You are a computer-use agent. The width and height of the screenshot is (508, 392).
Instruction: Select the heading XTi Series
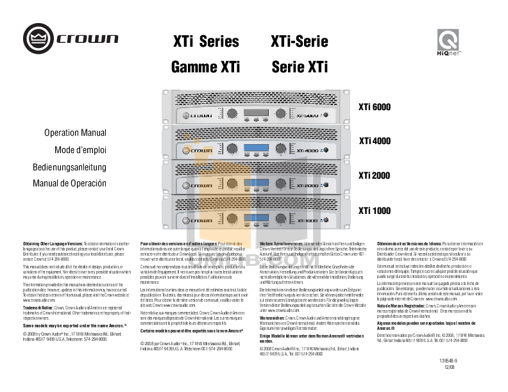tap(205, 42)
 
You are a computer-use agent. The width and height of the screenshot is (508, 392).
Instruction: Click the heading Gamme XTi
tap(205, 67)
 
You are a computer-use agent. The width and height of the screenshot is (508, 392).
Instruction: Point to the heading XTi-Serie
tap(300, 42)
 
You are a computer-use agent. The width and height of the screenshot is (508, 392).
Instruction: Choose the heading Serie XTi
tap(300, 67)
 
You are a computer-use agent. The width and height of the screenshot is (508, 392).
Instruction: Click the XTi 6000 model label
tap(374, 106)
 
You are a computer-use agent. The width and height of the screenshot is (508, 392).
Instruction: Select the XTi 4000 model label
tap(374, 141)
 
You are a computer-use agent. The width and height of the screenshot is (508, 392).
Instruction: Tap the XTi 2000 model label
tap(374, 175)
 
